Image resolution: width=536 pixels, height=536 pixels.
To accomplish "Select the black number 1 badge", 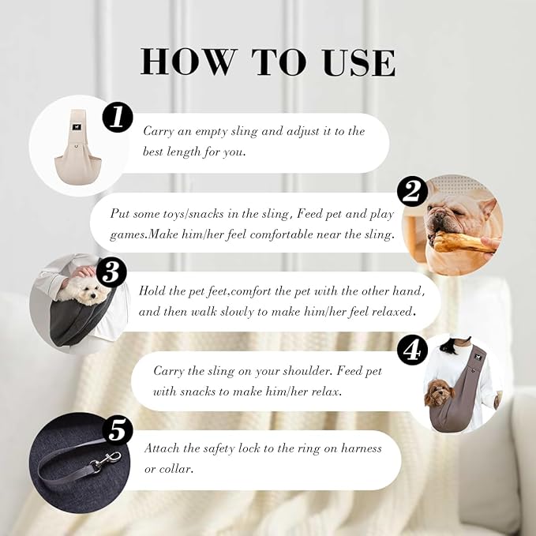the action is [118, 118].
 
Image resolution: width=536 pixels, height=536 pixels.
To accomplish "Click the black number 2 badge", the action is [412, 191].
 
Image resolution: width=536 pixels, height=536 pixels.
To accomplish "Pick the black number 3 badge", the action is [112, 273].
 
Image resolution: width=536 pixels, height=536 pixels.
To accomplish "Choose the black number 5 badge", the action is [118, 431].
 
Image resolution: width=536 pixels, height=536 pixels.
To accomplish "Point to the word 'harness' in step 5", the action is [362, 448].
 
